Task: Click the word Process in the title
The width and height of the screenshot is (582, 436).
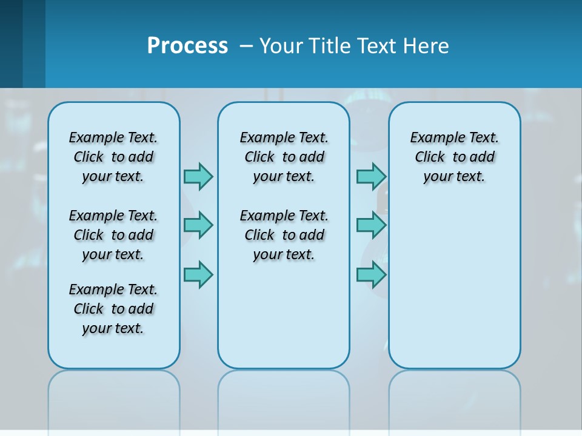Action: pyautogui.click(x=187, y=46)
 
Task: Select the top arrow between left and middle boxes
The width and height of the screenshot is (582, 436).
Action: pyautogui.click(x=198, y=176)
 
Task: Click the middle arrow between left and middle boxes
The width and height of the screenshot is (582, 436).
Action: pyautogui.click(x=198, y=225)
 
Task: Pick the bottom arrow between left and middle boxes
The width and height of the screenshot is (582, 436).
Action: pyautogui.click(x=198, y=275)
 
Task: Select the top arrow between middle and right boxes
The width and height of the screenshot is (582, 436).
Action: pyautogui.click(x=371, y=176)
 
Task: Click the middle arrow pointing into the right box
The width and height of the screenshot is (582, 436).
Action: pyautogui.click(x=371, y=225)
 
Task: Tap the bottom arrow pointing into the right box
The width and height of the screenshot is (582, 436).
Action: pyautogui.click(x=371, y=275)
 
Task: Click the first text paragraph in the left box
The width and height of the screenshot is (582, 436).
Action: pyautogui.click(x=113, y=157)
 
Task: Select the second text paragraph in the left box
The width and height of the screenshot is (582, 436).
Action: pyautogui.click(x=113, y=235)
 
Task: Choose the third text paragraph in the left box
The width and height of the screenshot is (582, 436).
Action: pyautogui.click(x=113, y=309)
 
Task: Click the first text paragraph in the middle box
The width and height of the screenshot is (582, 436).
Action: pyautogui.click(x=284, y=157)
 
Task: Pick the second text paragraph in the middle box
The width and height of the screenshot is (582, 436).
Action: pyautogui.click(x=284, y=235)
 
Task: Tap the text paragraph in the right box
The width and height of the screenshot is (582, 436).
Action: pyautogui.click(x=454, y=157)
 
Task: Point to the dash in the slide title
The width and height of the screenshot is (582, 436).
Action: pyautogui.click(x=246, y=46)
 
